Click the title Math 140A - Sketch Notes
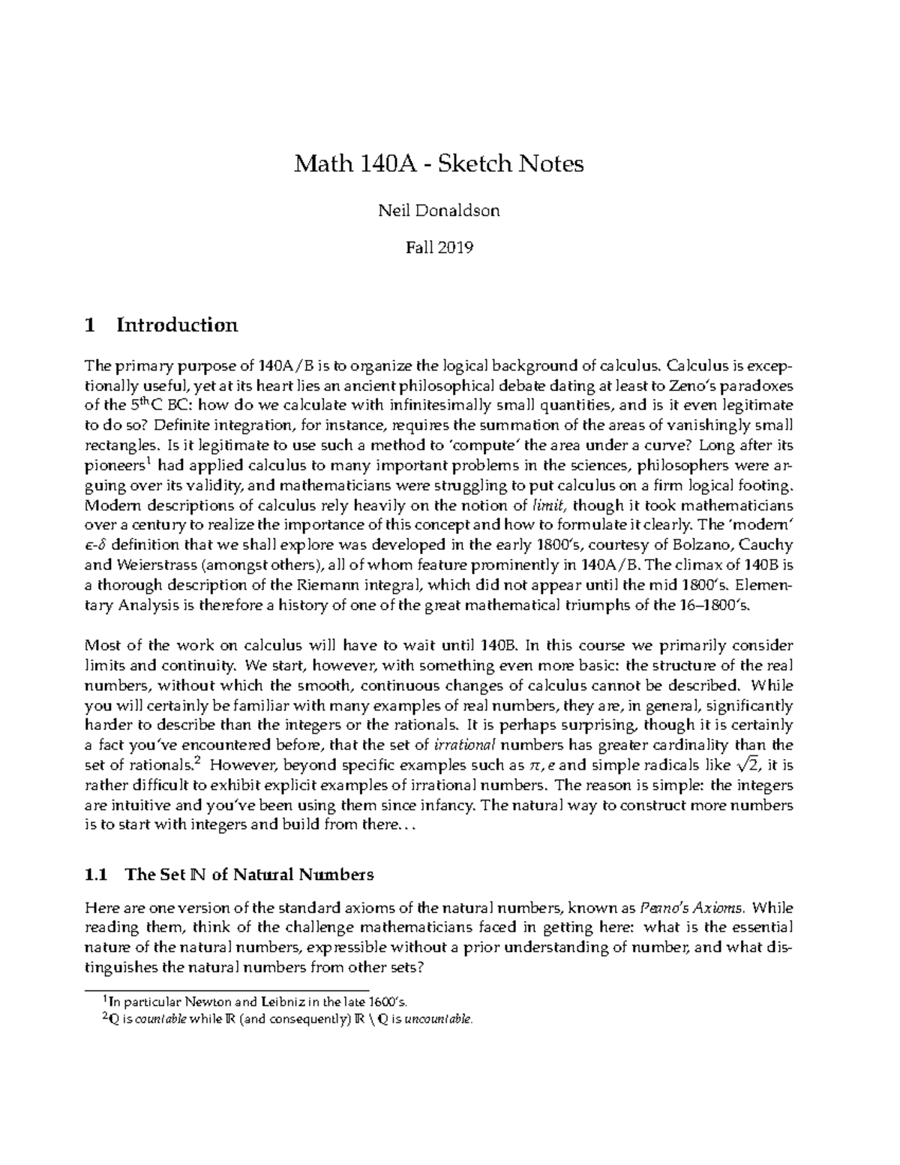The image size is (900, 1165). point(439,164)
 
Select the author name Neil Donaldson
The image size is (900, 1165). point(439,211)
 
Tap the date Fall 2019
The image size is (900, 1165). point(439,248)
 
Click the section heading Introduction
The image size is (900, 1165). point(177,325)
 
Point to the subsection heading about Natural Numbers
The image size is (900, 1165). point(249,875)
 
